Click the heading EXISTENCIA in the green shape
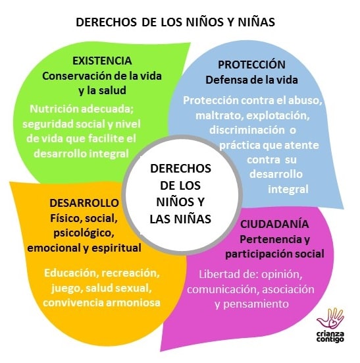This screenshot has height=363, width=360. [x=102, y=61]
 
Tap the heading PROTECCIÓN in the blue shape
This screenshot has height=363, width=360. [x=251, y=65]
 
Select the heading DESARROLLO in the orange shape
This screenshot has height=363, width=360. [x=84, y=203]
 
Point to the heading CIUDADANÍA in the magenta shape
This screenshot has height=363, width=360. [x=274, y=224]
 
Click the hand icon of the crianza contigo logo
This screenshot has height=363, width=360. [x=330, y=319]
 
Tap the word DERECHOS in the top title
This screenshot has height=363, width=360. [x=106, y=22]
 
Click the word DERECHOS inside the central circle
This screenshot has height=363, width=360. [x=180, y=168]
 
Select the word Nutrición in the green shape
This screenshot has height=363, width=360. [x=54, y=109]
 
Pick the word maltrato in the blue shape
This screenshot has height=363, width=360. [x=219, y=115]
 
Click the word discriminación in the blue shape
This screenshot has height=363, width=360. [x=247, y=130]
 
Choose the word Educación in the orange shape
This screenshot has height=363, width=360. [x=72, y=273]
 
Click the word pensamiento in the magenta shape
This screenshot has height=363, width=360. [x=256, y=304]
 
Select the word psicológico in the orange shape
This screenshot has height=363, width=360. [x=84, y=233]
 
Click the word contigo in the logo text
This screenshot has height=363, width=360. [x=330, y=340]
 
